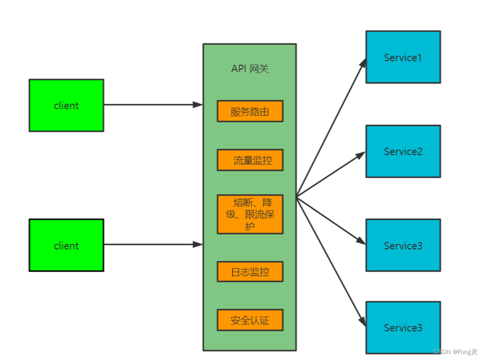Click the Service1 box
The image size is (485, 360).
click(x=403, y=57)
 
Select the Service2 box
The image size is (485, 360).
click(x=403, y=151)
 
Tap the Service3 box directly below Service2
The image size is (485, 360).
click(x=403, y=245)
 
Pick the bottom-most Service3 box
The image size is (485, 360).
click(x=403, y=327)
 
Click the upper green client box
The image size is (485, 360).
click(x=66, y=105)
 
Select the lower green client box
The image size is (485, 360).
click(x=66, y=245)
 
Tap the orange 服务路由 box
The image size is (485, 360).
click(x=250, y=111)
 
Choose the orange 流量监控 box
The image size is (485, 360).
click(x=250, y=160)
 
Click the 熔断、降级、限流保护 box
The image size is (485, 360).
click(x=250, y=214)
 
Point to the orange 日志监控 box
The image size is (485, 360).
click(x=250, y=272)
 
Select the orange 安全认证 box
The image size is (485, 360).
click(x=250, y=320)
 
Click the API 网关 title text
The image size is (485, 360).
click(x=250, y=69)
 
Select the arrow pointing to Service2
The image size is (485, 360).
click(x=331, y=175)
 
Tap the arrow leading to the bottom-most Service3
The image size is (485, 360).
click(x=331, y=262)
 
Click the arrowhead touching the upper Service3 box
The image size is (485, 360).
click(x=361, y=240)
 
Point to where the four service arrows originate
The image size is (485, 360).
click(x=297, y=198)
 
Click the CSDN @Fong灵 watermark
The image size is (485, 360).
click(x=455, y=352)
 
